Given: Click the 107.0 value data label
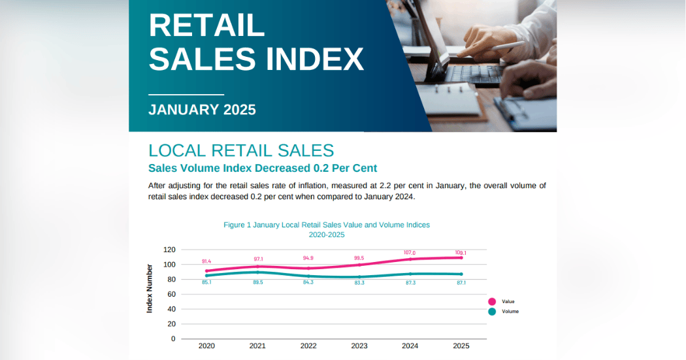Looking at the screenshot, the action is click(x=410, y=253).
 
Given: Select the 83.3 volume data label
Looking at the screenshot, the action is click(x=359, y=283).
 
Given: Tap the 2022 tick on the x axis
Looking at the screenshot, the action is click(x=308, y=346).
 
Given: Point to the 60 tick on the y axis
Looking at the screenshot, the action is click(x=171, y=294).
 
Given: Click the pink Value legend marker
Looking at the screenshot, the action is click(x=492, y=301).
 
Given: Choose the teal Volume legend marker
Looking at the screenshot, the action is click(x=492, y=312).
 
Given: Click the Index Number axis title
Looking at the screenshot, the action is click(x=150, y=288).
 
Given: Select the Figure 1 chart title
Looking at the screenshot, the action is click(x=327, y=229).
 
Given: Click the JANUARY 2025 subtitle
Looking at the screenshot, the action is click(x=202, y=109).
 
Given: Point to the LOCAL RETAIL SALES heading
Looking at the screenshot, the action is click(x=241, y=150).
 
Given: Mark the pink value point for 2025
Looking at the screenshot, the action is click(x=461, y=257).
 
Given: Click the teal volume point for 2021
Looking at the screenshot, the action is click(x=257, y=272).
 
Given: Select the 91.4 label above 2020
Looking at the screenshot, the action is click(x=206, y=261).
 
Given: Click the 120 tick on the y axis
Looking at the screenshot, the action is click(x=169, y=250).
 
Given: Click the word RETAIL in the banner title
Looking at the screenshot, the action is click(x=207, y=25).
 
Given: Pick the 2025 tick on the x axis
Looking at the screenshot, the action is click(x=461, y=346).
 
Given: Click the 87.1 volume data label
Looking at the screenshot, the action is click(x=461, y=283).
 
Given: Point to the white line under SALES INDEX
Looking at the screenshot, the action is click(x=186, y=95).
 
